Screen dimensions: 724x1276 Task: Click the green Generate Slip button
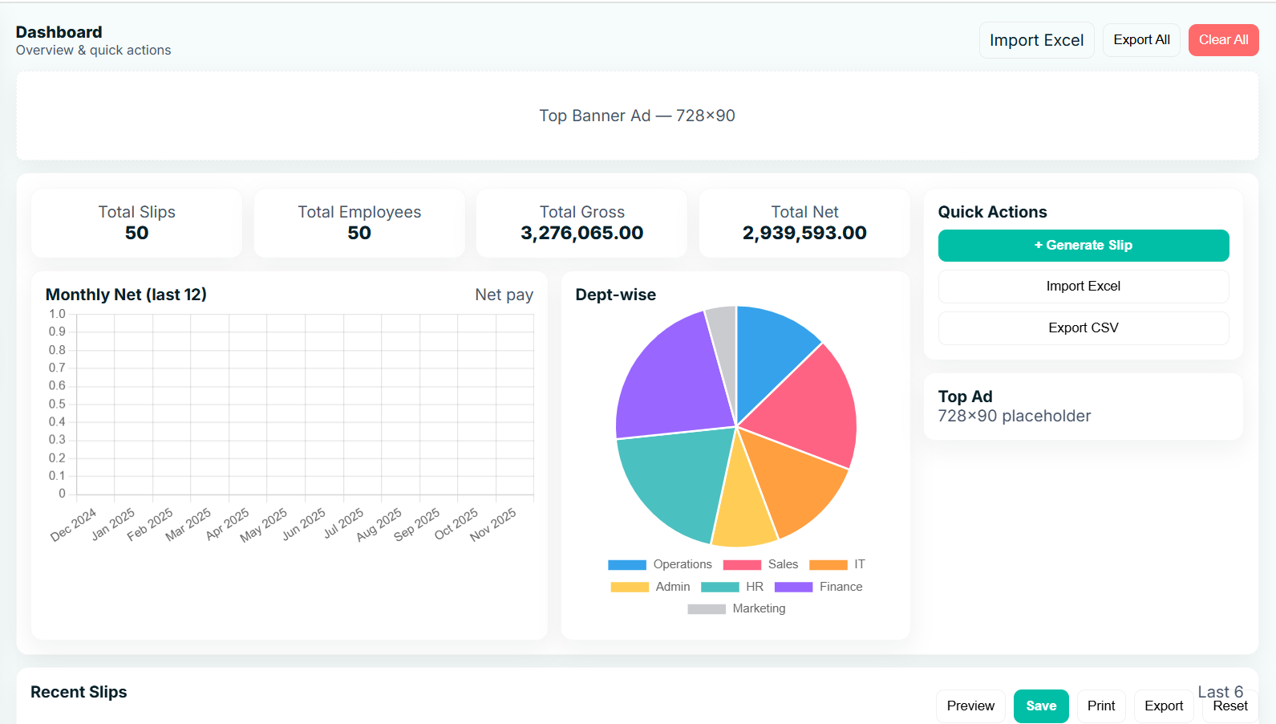pyautogui.click(x=1083, y=246)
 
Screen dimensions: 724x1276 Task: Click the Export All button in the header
pyautogui.click(x=1141, y=40)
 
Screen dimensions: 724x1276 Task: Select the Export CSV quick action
pyautogui.click(x=1083, y=328)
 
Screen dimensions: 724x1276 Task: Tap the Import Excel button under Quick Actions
pyautogui.click(x=1083, y=287)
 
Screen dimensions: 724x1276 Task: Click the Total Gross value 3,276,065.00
pyautogui.click(x=581, y=234)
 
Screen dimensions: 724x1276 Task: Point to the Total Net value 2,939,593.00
pyautogui.click(x=804, y=234)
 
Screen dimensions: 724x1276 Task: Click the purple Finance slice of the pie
pyautogui.click(x=674, y=377)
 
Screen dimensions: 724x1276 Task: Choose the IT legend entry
pyautogui.click(x=837, y=565)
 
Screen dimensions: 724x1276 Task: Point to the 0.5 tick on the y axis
pyautogui.click(x=57, y=405)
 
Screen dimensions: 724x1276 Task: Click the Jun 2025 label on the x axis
pyautogui.click(x=304, y=523)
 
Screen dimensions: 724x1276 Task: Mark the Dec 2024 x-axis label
pyautogui.click(x=73, y=525)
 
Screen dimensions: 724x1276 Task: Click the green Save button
pyautogui.click(x=1040, y=706)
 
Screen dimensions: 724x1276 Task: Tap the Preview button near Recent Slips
pyautogui.click(x=970, y=706)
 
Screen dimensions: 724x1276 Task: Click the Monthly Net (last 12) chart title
pyautogui.click(x=126, y=295)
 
